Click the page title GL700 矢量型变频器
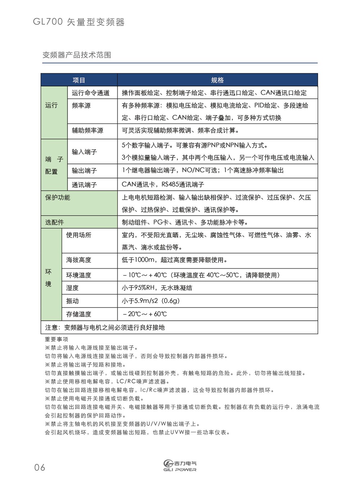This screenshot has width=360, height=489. [x=79, y=22]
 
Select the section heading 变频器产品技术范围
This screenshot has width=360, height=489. [x=77, y=55]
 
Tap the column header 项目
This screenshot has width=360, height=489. [x=79, y=80]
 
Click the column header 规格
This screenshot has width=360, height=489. [x=217, y=80]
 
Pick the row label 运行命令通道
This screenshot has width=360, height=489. [x=90, y=93]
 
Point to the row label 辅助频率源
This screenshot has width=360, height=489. [x=87, y=130]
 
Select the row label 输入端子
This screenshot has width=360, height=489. [x=84, y=152]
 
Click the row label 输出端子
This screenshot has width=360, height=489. [x=84, y=171]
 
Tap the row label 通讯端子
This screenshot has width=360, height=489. [x=84, y=185]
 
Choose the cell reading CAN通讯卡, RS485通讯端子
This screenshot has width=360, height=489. [x=163, y=184]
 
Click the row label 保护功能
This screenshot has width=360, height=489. [x=58, y=198]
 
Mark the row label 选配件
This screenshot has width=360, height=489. [x=54, y=222]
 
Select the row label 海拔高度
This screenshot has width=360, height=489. [x=78, y=260]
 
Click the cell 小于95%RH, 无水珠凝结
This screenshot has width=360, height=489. [x=157, y=288]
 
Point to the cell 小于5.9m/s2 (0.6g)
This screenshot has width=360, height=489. [x=150, y=301]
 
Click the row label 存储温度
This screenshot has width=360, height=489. [x=78, y=314]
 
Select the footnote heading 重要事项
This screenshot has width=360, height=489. [x=57, y=339]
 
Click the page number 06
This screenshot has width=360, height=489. [x=40, y=467]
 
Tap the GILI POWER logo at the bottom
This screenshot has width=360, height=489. [x=180, y=466]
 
